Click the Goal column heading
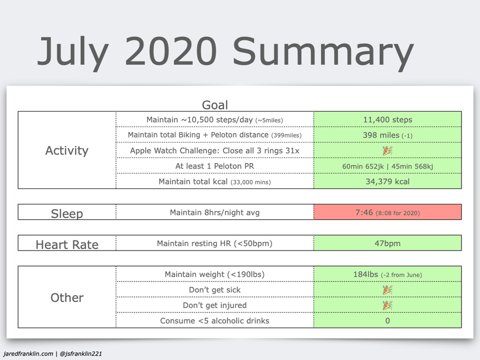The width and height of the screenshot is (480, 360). click(215, 105)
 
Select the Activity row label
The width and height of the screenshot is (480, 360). click(66, 150)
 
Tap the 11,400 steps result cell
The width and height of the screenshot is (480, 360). click(387, 119)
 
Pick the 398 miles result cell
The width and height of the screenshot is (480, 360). click(387, 135)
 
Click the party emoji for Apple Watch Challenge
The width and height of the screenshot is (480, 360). click(387, 150)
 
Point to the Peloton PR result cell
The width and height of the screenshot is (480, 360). click(387, 166)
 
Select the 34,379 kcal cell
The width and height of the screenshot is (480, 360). click(387, 181)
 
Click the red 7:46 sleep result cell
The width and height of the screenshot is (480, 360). click(387, 212)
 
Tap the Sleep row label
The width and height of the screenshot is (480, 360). click(66, 213)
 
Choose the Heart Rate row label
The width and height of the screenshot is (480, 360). click(66, 244)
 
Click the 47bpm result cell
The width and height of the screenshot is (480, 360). click(387, 243)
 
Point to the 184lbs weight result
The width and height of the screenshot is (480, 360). click(387, 274)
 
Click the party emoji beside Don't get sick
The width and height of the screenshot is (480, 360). click(387, 290)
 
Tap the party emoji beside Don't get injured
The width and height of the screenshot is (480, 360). click(387, 305)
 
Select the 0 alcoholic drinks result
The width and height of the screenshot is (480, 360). click(387, 320)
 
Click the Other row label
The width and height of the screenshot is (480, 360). click(66, 297)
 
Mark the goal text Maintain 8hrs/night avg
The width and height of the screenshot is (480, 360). click(214, 212)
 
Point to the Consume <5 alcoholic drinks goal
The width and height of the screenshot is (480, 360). click(214, 320)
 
